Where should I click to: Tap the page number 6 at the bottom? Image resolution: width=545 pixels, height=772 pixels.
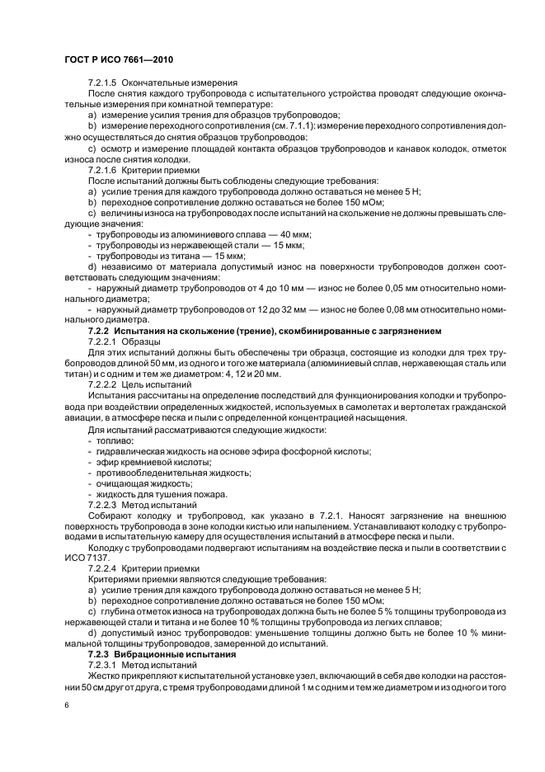67,706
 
